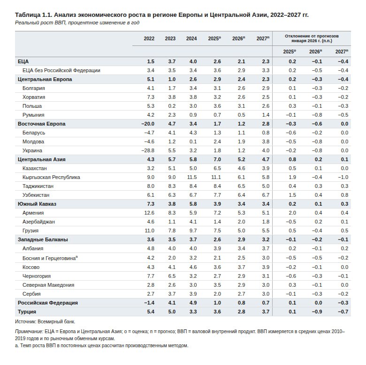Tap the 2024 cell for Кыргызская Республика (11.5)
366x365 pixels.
click(191, 177)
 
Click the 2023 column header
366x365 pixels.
click(170, 38)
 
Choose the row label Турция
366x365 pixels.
click(27, 311)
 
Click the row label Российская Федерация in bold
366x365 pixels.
click(47, 303)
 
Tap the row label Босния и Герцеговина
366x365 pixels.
click(49, 258)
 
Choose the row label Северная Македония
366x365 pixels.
click(48, 285)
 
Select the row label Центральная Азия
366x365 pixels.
click(41, 159)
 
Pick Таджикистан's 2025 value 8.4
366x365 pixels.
click(217, 186)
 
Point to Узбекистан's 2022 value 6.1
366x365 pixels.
click(151, 195)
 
